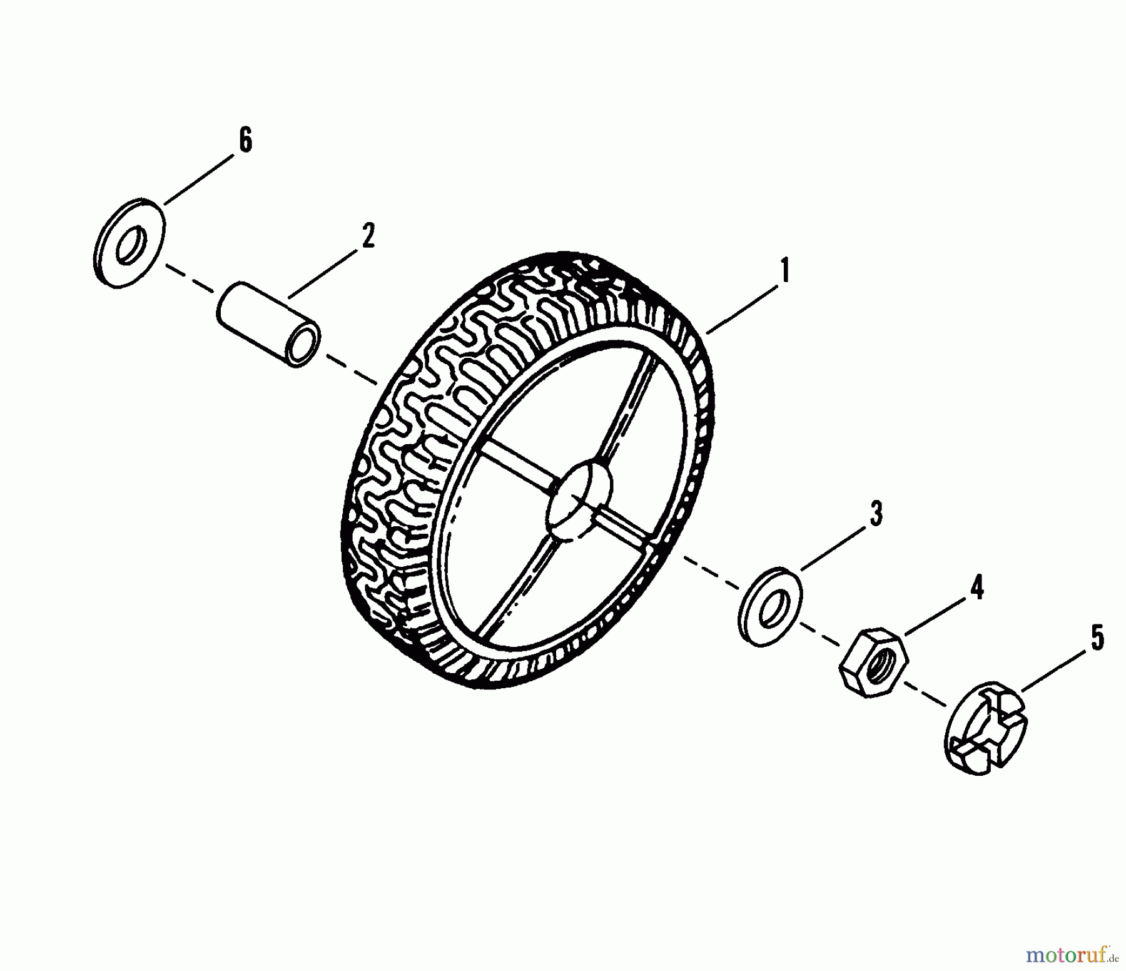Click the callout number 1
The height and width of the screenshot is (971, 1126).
(x=784, y=271)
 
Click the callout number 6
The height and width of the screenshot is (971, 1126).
(x=245, y=140)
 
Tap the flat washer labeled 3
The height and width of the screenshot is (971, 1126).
(x=770, y=606)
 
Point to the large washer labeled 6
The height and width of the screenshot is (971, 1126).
(x=131, y=243)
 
